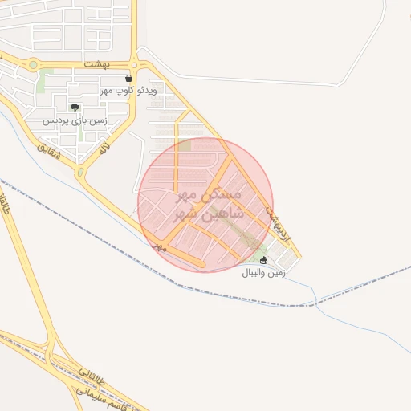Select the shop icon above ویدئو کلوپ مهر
click(128, 79)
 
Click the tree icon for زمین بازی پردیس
click(75, 108)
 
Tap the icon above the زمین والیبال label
click(264, 260)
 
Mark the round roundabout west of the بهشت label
click(34, 65)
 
